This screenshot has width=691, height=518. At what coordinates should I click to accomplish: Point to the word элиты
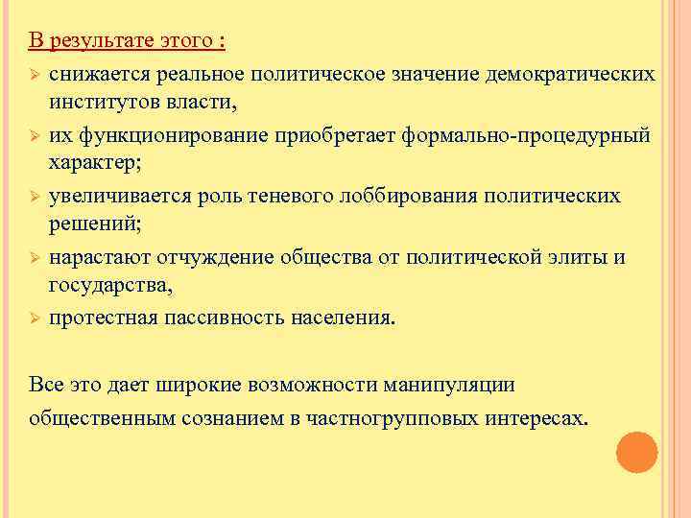575,257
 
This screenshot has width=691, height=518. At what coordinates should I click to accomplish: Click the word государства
110,285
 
